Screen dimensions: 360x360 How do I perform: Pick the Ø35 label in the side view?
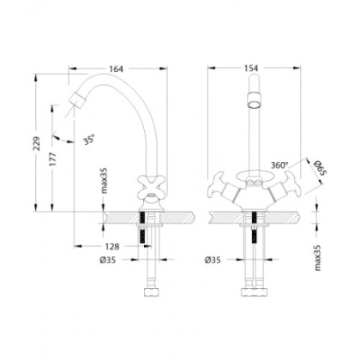coord(111,261)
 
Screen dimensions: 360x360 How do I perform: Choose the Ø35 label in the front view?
coord(216,261)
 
